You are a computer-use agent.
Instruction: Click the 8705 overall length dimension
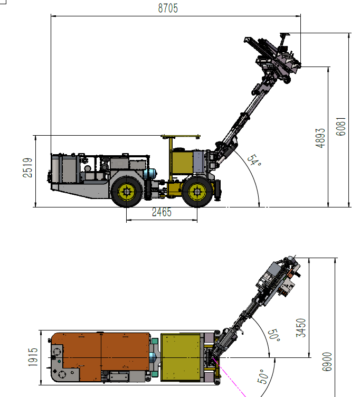[168, 8]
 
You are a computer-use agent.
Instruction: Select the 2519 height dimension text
[27, 167]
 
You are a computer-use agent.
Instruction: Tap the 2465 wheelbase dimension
[162, 212]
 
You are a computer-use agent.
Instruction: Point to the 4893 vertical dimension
[320, 138]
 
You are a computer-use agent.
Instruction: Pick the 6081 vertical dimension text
[341, 127]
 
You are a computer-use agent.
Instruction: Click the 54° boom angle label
[254, 160]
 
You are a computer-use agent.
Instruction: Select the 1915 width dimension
[33, 357]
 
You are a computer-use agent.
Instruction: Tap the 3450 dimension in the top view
[301, 328]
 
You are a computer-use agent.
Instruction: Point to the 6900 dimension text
[327, 362]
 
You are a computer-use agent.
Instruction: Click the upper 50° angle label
[274, 335]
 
